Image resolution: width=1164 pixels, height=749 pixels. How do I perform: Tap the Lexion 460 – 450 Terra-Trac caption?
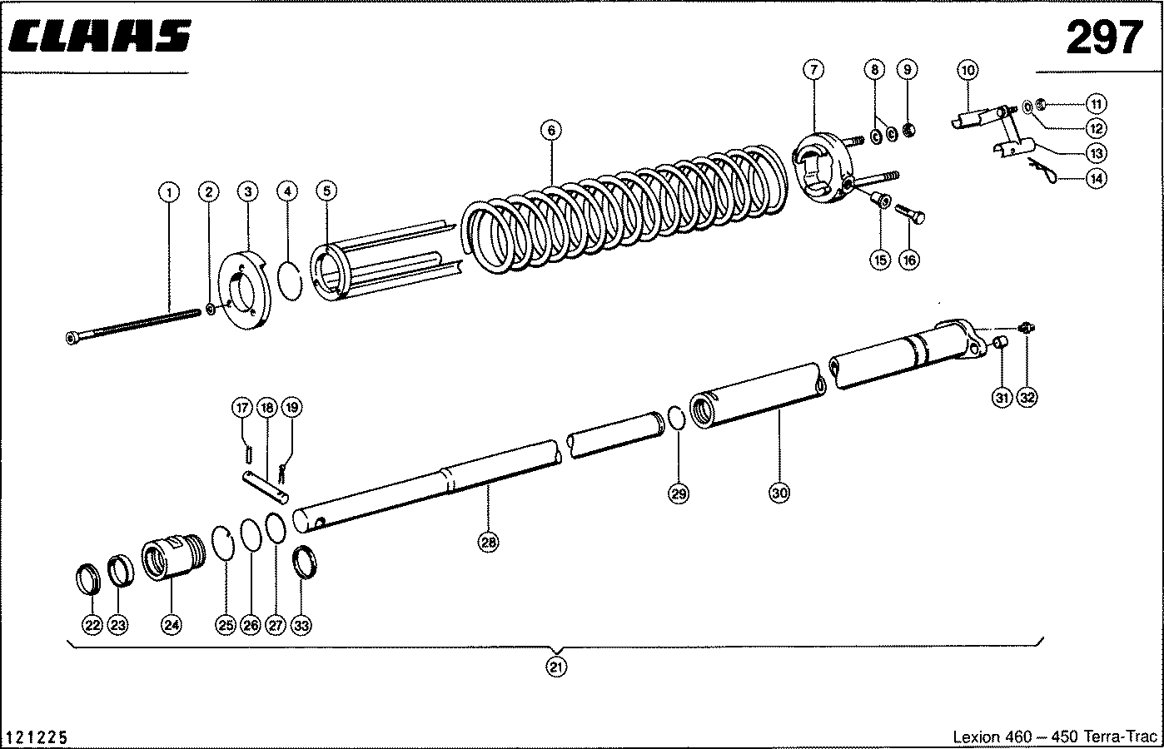point(1054,737)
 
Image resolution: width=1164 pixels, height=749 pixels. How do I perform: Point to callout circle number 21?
point(557,666)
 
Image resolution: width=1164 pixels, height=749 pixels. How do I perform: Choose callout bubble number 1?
point(169,192)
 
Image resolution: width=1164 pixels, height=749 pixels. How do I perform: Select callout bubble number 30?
point(778,493)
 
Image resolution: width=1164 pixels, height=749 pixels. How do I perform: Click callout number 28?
point(488,543)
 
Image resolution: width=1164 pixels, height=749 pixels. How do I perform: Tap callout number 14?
point(1097,177)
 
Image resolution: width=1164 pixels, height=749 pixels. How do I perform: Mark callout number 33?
point(302,625)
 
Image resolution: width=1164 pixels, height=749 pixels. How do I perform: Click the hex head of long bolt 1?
point(72,337)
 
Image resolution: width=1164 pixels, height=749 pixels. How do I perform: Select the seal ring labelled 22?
point(89,578)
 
